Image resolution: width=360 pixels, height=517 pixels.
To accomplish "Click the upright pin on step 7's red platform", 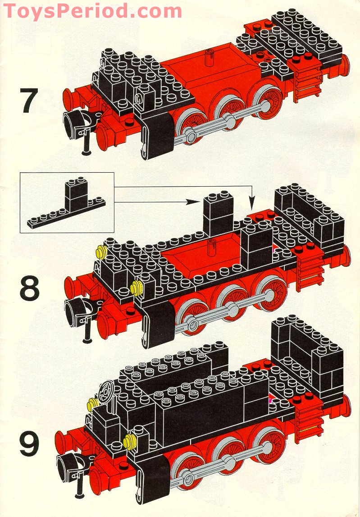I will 210,58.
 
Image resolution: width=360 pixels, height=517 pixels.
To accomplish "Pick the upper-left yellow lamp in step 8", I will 101,252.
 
